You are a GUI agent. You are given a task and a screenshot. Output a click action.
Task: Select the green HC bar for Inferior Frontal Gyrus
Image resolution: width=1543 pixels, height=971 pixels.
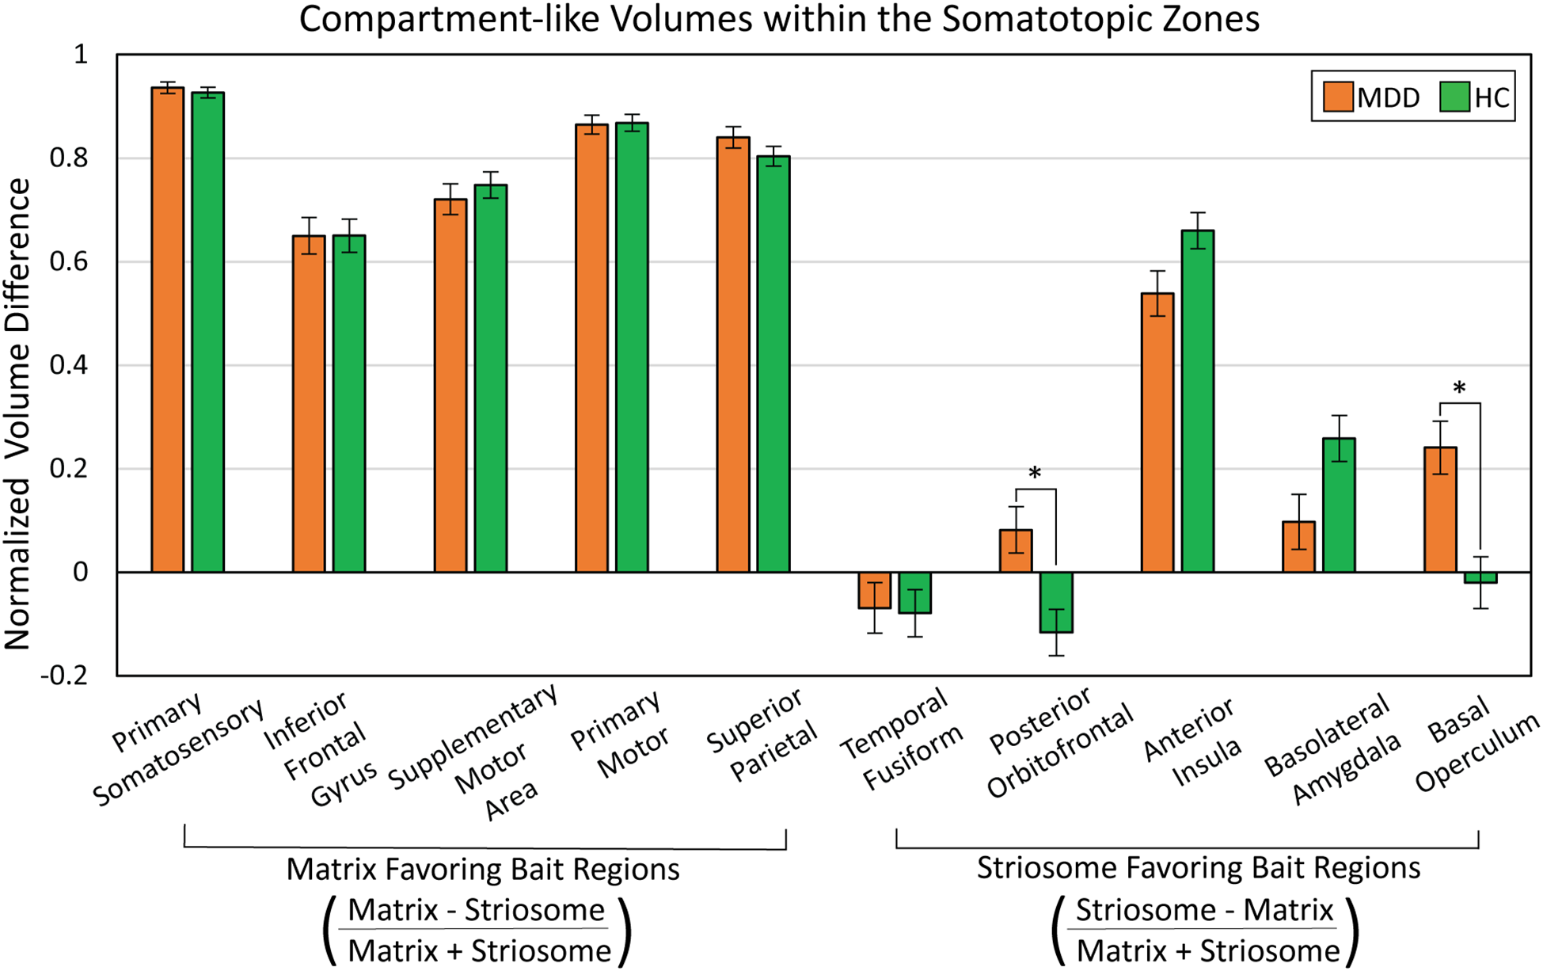pos(348,404)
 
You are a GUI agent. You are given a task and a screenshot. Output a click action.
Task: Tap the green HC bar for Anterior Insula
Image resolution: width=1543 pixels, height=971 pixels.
pos(1197,401)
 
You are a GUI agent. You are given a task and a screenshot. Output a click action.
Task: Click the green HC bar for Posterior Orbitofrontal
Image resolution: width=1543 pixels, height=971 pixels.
pos(1056,602)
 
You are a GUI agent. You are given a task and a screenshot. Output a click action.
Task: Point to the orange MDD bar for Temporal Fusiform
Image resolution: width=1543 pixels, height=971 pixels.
pos(874,590)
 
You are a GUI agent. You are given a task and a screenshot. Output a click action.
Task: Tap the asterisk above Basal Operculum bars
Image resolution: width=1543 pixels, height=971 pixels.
pos(1459,389)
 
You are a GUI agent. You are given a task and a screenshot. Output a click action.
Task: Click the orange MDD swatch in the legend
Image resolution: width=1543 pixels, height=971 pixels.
pos(1337,97)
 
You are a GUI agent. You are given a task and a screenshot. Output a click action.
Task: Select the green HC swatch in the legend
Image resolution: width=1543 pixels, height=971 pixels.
pos(1454,97)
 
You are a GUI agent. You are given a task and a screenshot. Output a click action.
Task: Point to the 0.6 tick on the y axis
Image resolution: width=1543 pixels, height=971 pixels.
pos(69,261)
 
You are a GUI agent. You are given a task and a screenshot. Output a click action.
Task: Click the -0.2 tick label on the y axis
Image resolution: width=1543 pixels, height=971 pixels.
pos(63,676)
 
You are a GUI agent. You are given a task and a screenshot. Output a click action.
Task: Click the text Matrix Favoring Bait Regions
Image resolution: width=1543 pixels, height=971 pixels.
pos(482,869)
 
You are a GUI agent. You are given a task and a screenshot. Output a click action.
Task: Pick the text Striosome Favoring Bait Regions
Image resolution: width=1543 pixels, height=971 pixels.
pos(1198,867)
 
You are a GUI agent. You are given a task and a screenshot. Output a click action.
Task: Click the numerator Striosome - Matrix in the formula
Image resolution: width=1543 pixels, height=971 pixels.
pos(1203,910)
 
